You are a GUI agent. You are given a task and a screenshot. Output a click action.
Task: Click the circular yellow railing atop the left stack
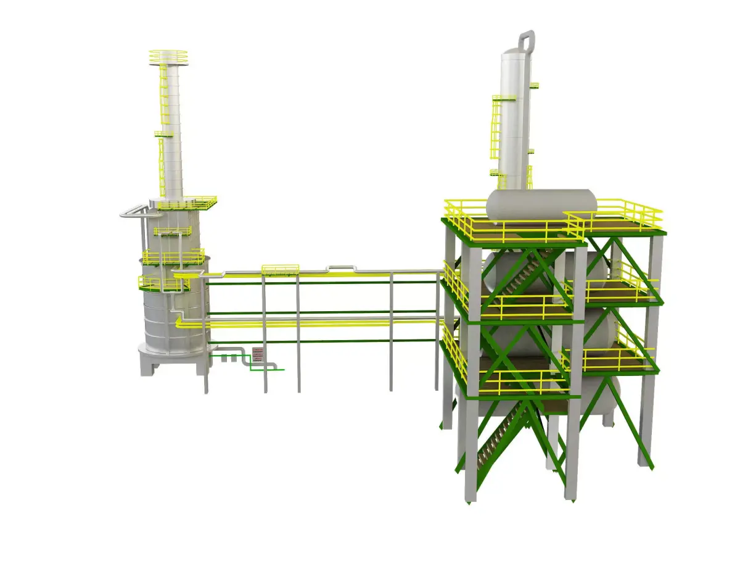point(168,56)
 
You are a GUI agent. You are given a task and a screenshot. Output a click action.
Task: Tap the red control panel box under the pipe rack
point(258,354)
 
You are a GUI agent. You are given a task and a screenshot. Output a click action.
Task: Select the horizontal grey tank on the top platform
point(541,204)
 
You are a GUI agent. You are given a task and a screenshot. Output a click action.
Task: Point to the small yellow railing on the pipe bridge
point(280,269)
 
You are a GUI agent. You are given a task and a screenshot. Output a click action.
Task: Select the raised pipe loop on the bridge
point(341,268)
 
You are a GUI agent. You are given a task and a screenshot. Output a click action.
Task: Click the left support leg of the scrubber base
point(148,366)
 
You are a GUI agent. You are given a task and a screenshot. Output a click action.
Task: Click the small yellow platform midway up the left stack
point(163,133)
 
